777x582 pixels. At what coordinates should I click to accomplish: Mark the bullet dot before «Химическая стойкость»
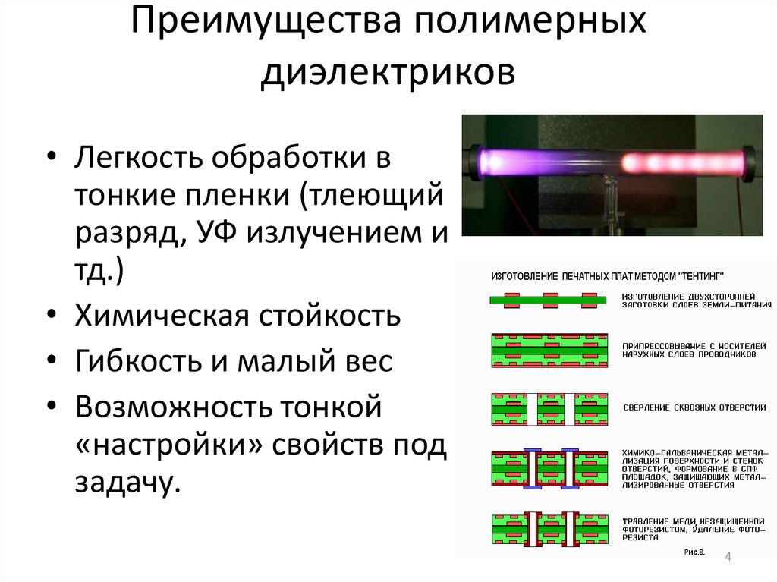click(x=50, y=314)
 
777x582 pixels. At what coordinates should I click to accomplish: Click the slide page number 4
click(x=728, y=558)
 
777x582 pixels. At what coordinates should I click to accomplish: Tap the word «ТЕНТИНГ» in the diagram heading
click(x=697, y=274)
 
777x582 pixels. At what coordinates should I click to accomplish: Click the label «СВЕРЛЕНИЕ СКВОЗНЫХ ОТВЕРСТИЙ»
click(x=694, y=407)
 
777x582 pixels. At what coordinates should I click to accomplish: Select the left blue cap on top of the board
click(x=532, y=451)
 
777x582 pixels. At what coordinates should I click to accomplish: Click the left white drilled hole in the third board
click(x=532, y=407)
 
